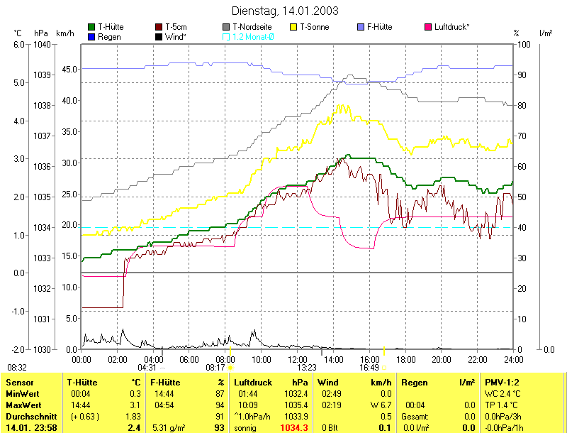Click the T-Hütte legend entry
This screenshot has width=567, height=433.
pos(111,27)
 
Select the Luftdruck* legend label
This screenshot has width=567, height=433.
pos(451,27)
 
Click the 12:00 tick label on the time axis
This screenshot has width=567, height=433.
pos(298,360)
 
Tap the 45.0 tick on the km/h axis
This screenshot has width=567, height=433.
pos(69,70)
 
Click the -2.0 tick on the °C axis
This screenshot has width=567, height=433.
pos(18,349)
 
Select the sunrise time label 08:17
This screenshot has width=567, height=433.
pos(215,368)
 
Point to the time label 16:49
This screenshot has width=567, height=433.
pos(369,368)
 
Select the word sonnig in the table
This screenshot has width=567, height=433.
pos(246,427)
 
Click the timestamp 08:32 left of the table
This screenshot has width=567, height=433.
pos(17,368)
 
